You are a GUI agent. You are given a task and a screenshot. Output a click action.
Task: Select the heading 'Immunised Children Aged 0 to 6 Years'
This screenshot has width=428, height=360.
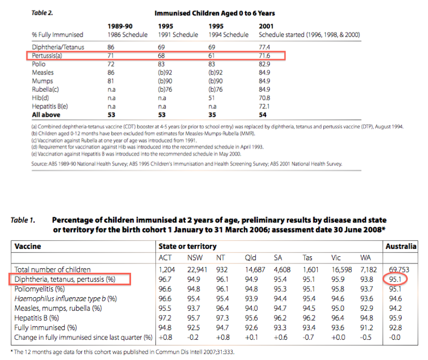click(x=215, y=12)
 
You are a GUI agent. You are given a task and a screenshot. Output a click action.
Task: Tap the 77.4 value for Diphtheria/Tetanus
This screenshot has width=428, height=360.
click(x=266, y=47)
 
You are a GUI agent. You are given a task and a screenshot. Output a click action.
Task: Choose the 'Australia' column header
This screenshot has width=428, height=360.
click(x=401, y=247)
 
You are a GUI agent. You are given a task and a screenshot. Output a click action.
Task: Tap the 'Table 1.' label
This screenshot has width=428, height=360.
click(x=23, y=220)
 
